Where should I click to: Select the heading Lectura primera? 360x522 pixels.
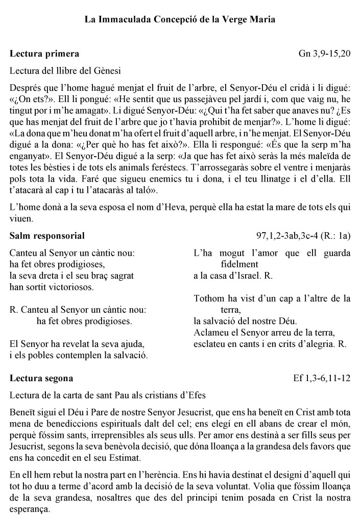pos(44,54)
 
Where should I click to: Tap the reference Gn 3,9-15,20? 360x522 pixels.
pos(324,54)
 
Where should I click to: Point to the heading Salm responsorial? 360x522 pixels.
pos(47,236)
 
